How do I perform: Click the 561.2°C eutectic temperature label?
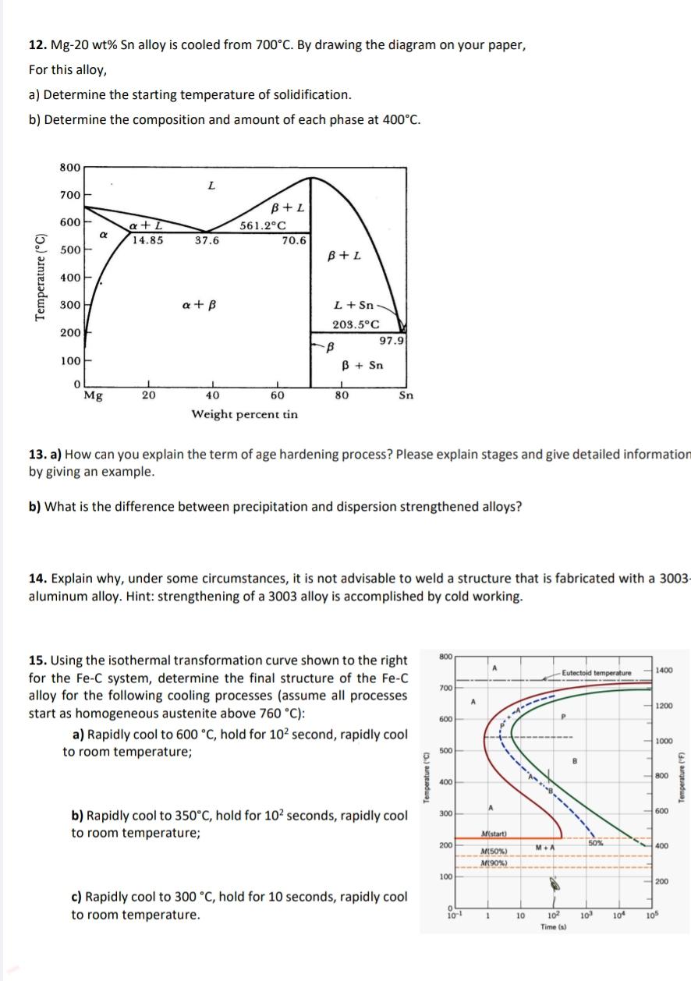coord(264,226)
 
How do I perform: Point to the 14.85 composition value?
coord(147,240)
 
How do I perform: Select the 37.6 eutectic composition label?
coord(207,240)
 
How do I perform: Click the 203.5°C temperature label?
coord(356,324)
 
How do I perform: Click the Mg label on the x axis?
coord(92,395)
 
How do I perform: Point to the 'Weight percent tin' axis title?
coord(244,414)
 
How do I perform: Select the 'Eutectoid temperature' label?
coord(597,672)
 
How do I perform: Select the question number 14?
coord(36,578)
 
